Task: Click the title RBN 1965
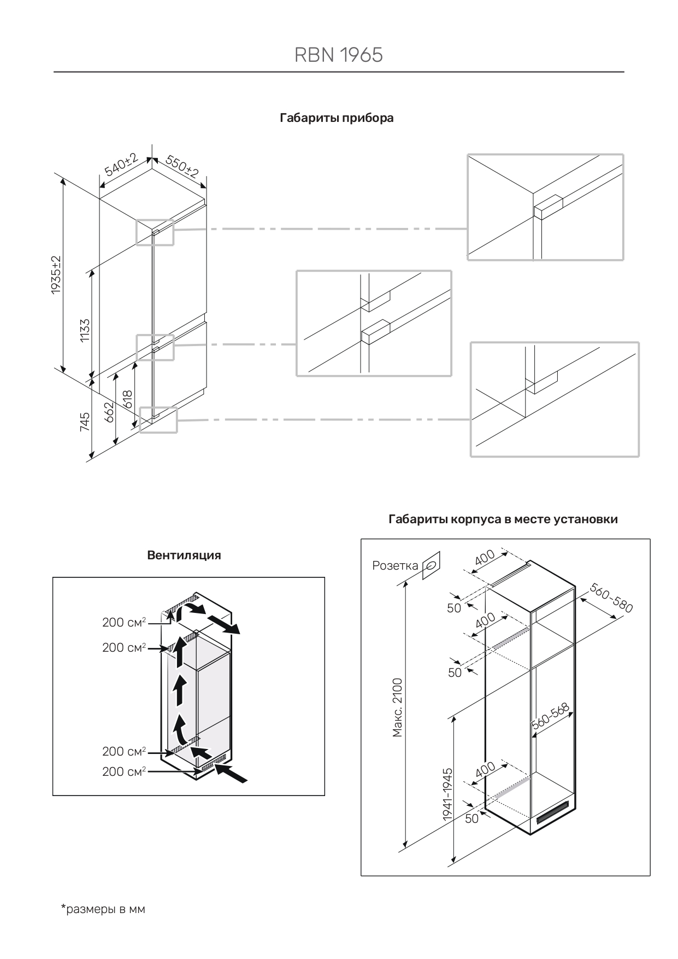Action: (339, 55)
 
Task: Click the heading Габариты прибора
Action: (337, 118)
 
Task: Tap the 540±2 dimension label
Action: (121, 165)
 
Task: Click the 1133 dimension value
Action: (85, 330)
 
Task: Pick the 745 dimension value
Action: (85, 422)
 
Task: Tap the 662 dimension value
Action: (109, 411)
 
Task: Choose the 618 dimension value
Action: (128, 399)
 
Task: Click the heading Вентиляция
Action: (184, 555)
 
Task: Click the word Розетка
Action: (395, 565)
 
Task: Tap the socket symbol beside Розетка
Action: (431, 565)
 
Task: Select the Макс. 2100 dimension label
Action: (398, 707)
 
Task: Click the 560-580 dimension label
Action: (611, 598)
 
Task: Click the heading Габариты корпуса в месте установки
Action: (503, 519)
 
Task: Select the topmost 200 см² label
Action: (124, 623)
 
